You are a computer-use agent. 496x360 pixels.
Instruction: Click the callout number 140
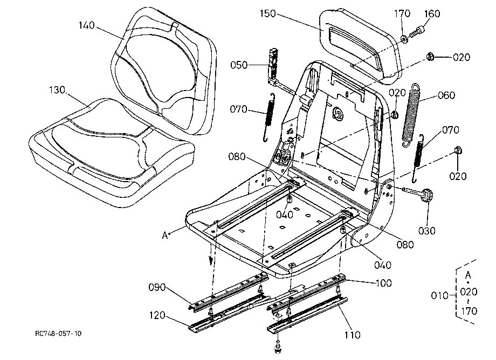(87, 25)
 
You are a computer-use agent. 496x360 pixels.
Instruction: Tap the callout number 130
(57, 90)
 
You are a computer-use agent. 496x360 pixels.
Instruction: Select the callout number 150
(268, 14)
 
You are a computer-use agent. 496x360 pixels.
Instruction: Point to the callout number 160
(432, 14)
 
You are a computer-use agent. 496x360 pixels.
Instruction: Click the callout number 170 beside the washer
(402, 14)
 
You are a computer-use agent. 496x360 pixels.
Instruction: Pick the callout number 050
(239, 65)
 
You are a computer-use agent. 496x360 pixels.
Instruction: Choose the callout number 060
(446, 95)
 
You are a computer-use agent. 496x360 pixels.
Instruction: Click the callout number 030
(427, 231)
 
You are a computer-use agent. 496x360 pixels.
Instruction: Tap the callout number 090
(157, 287)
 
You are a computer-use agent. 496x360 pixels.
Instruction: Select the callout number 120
(157, 315)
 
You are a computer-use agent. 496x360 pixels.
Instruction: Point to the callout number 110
(353, 335)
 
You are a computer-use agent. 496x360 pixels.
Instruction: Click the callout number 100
(384, 283)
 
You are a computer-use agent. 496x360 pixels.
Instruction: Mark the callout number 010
(440, 295)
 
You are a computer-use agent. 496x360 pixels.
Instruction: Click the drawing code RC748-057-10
(58, 334)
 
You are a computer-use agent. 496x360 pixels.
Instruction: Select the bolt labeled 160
(416, 32)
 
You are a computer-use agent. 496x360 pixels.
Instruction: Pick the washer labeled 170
(404, 39)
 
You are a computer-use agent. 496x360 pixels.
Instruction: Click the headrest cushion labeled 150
(361, 46)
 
